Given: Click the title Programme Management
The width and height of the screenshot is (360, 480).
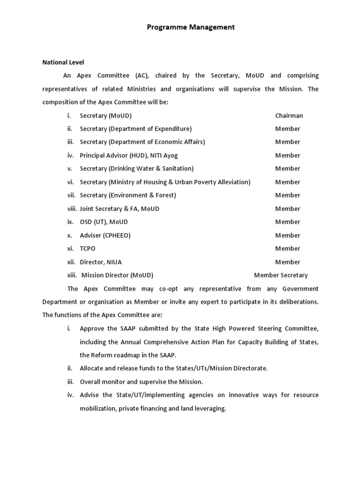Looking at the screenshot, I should click(x=191, y=27).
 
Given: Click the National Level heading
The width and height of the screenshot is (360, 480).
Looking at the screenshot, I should click(x=63, y=62).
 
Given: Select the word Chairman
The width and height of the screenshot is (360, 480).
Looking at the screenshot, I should click(x=289, y=115).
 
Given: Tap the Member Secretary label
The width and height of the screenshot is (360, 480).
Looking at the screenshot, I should click(x=281, y=275).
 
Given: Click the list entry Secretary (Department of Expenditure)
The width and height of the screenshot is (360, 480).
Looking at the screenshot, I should click(x=136, y=128).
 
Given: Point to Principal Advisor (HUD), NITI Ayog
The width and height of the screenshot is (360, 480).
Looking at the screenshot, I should click(x=129, y=155).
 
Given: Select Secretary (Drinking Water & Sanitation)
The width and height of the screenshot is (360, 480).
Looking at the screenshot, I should click(x=137, y=168).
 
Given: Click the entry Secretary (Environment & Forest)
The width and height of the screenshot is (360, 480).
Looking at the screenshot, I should click(x=128, y=195).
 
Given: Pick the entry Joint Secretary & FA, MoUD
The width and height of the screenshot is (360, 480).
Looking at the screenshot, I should click(x=120, y=209).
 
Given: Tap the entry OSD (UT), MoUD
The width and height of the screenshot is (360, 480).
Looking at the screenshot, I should click(x=104, y=222).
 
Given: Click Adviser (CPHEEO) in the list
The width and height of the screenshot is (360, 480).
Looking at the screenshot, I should click(x=105, y=235).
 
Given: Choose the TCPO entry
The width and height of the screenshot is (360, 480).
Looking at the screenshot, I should click(x=88, y=248).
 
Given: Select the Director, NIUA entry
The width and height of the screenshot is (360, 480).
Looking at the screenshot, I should click(x=101, y=262).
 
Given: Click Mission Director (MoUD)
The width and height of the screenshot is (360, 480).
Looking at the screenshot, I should click(x=117, y=275).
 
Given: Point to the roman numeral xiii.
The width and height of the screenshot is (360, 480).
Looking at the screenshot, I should click(x=72, y=275).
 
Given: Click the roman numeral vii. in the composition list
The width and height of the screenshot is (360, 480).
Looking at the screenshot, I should click(x=71, y=195).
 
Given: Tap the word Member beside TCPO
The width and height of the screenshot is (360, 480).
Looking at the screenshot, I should click(x=287, y=248).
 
